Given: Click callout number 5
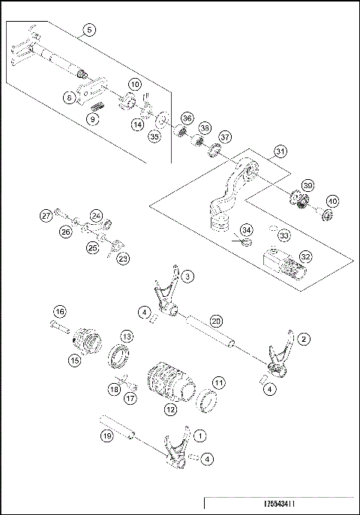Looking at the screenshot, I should pyautogui.click(x=89, y=30).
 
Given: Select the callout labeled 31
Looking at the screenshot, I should pyautogui.click(x=280, y=151).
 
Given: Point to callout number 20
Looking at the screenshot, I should pyautogui.click(x=216, y=320).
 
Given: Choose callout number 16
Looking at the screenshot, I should pyautogui.click(x=59, y=311).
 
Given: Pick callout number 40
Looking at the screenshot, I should pyautogui.click(x=331, y=201).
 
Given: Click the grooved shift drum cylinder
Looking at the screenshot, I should pyautogui.click(x=169, y=381).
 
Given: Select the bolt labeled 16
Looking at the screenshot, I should pyautogui.click(x=57, y=325).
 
